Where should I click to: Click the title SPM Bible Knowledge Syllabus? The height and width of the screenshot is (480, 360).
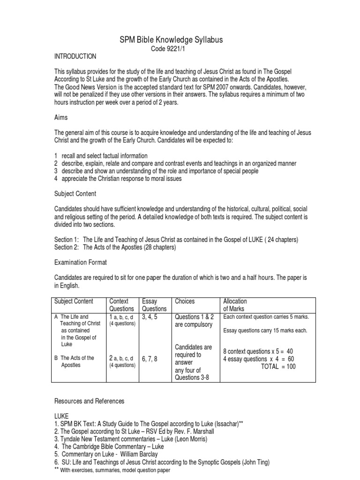[171, 40]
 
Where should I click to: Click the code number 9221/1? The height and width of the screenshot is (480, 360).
[171, 49]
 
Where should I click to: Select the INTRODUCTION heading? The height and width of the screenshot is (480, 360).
[75, 57]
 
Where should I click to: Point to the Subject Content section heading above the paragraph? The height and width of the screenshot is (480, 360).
[75, 193]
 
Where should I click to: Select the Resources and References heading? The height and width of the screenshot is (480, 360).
[90, 401]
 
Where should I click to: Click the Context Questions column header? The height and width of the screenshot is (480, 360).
[121, 305]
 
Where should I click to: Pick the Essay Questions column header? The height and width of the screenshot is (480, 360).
[154, 305]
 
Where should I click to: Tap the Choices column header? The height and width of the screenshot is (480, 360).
[184, 301]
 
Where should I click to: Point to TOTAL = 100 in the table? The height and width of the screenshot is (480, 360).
[278, 367]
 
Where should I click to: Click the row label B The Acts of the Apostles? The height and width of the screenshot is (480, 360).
[75, 361]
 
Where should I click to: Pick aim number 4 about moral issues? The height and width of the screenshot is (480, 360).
[118, 179]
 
